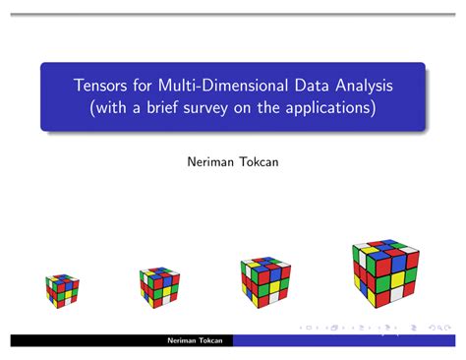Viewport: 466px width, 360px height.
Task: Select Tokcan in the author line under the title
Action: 258,157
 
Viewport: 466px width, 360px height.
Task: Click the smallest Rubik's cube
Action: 61,289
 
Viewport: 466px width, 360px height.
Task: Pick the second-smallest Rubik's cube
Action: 157,284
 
